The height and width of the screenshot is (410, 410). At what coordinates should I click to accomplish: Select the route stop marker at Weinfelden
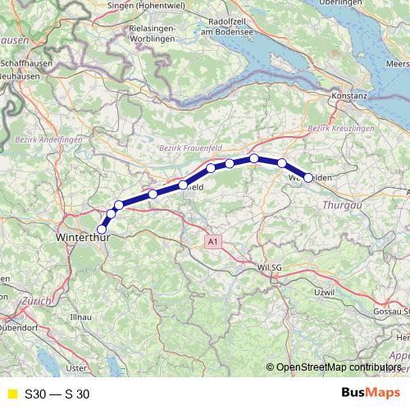tap(308, 177)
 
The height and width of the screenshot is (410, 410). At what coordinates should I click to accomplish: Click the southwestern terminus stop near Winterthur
tap(102, 229)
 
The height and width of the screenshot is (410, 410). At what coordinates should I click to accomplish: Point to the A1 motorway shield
tap(213, 242)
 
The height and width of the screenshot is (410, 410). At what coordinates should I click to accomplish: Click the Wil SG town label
tap(269, 267)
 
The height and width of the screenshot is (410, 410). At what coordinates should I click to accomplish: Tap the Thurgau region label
tap(343, 205)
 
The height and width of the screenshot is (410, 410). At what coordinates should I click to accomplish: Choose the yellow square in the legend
tap(11, 394)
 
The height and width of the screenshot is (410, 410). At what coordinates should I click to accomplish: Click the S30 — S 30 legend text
tap(57, 394)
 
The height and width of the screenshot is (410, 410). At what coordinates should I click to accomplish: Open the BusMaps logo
tap(371, 394)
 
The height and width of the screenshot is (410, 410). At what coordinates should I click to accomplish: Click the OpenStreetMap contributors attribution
tap(338, 368)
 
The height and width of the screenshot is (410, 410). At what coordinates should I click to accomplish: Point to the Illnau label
tap(81, 316)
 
